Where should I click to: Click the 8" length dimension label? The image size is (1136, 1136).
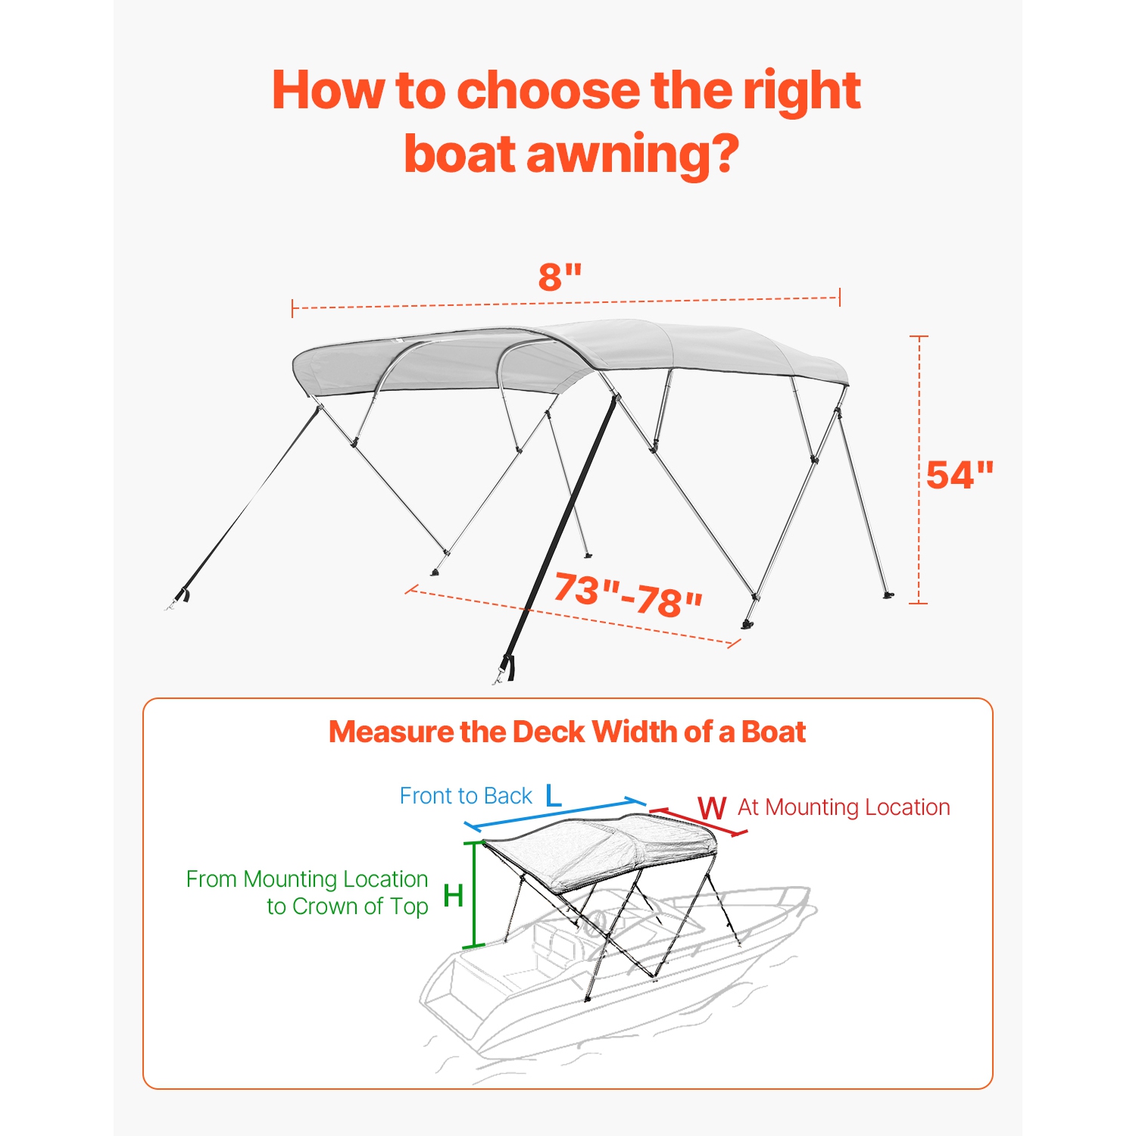(x=560, y=276)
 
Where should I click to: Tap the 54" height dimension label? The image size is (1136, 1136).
(x=959, y=476)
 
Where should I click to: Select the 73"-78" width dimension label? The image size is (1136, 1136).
(x=628, y=595)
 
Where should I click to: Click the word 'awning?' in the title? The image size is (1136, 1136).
(x=632, y=154)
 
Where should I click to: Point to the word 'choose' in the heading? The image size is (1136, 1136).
(x=548, y=90)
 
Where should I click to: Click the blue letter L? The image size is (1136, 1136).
(x=554, y=796)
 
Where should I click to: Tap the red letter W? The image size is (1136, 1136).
(x=712, y=808)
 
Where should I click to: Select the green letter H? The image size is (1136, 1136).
(x=453, y=896)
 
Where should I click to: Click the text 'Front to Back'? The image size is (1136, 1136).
(x=466, y=796)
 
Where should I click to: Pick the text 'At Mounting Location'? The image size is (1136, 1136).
(x=844, y=807)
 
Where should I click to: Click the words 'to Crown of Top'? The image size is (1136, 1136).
(x=347, y=907)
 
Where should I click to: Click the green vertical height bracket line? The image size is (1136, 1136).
(x=475, y=894)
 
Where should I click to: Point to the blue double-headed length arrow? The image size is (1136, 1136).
(x=554, y=813)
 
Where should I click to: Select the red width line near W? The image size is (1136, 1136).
(x=698, y=822)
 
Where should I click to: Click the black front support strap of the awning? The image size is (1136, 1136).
(x=560, y=530)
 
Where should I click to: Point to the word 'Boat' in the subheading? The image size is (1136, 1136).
(x=773, y=732)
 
